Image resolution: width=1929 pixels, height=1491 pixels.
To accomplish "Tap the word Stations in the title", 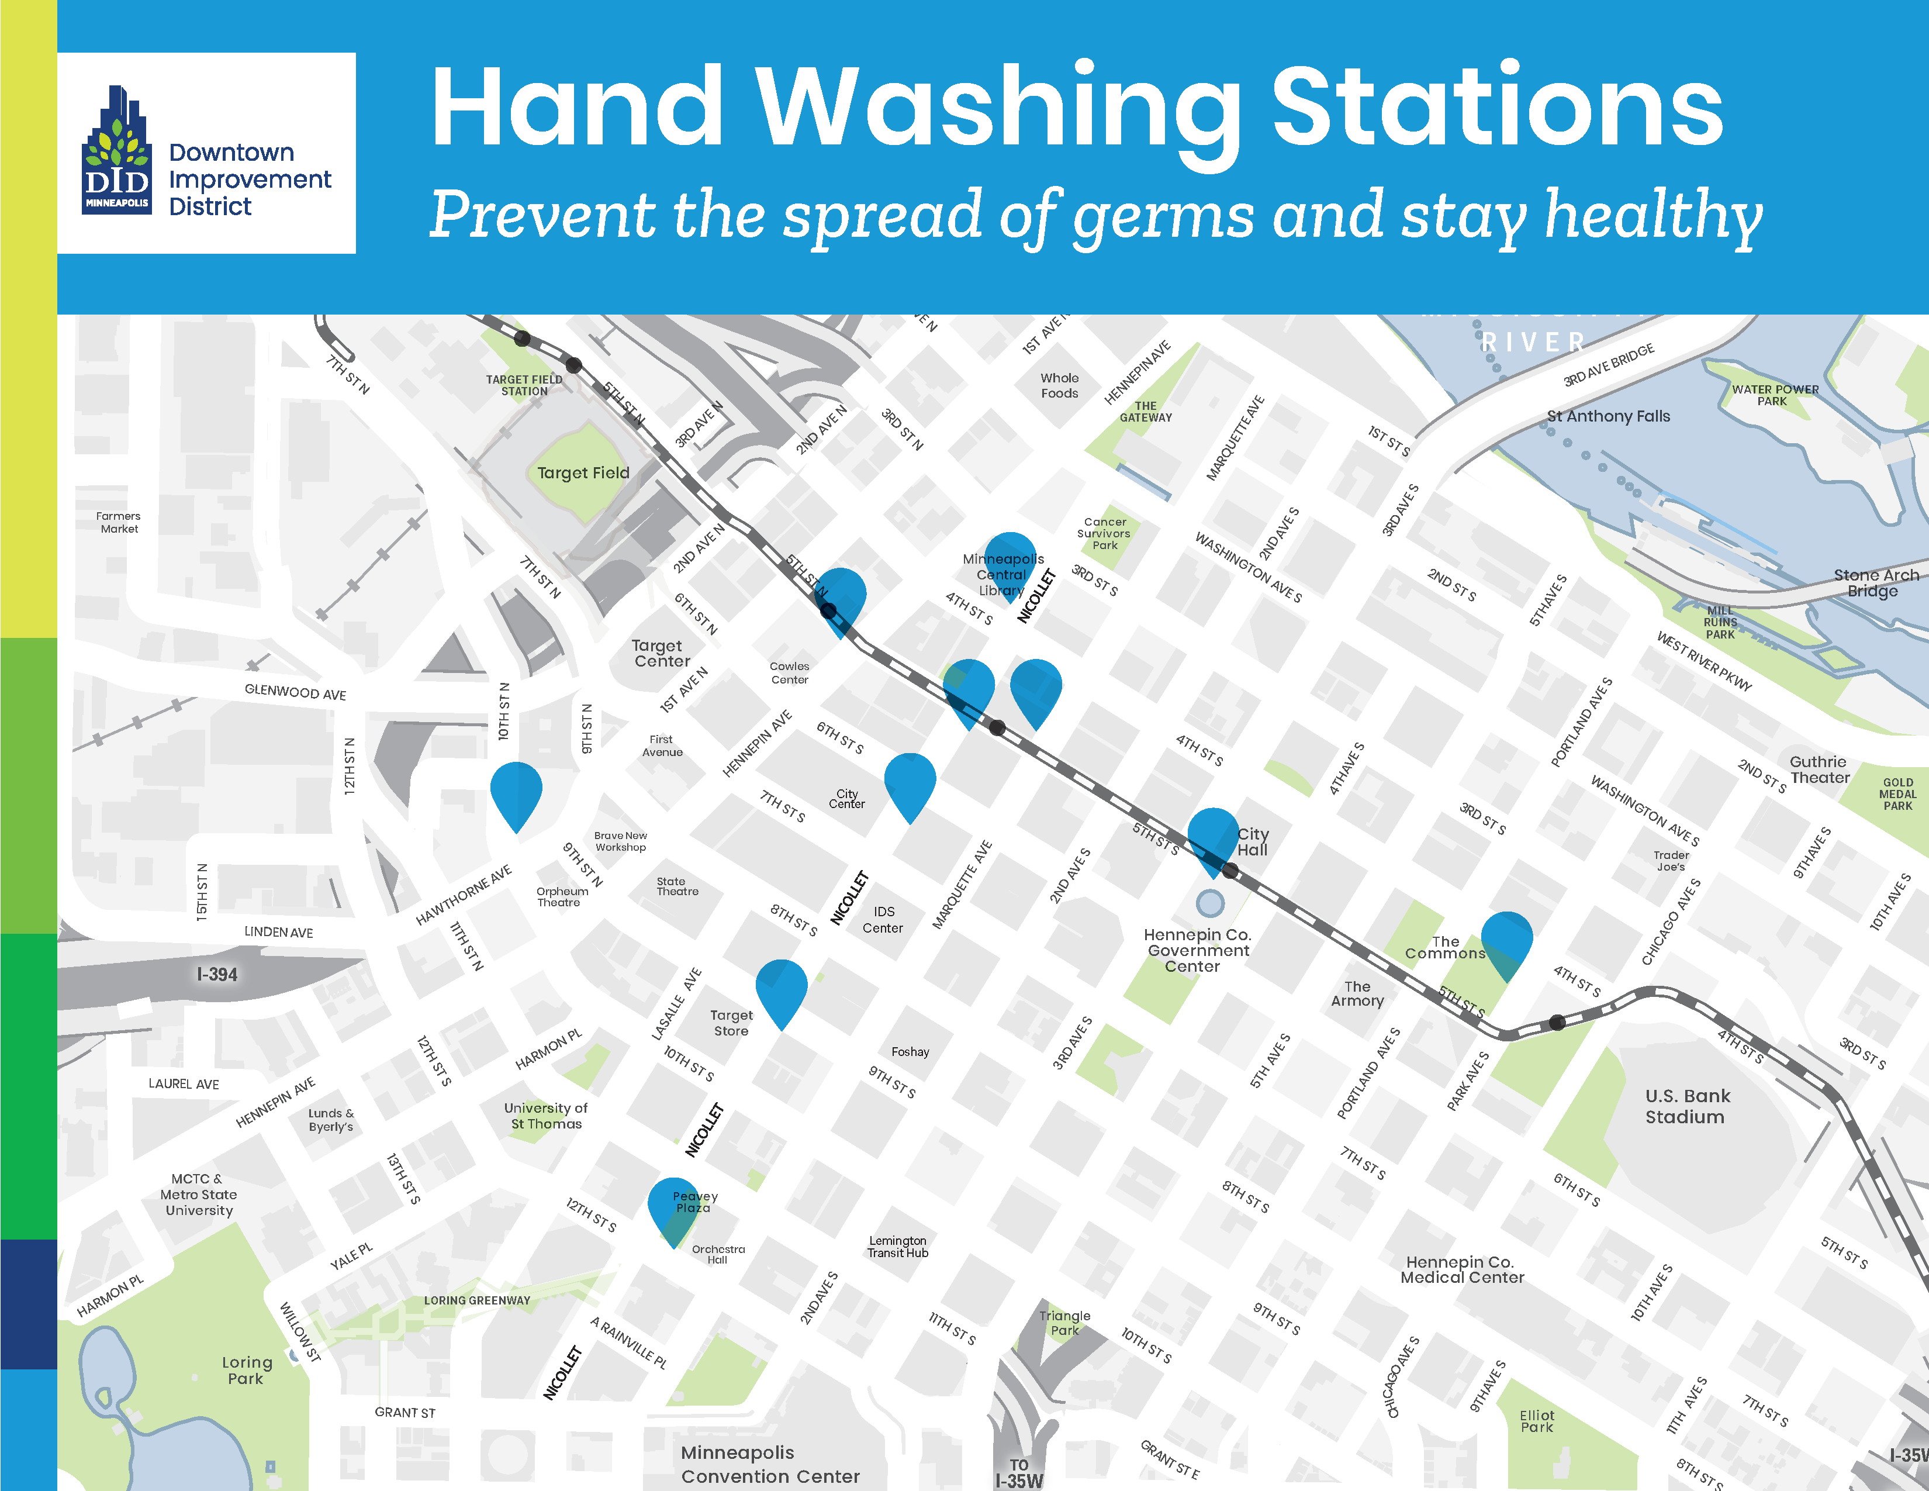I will pos(1496,106).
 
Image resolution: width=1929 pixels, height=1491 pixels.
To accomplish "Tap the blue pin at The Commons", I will pos(1506,941).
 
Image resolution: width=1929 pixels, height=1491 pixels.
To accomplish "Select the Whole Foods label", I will pos(1059,385).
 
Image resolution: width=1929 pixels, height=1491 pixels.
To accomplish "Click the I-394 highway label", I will pos(217,974).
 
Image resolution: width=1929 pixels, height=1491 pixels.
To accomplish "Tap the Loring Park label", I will pos(247,1370).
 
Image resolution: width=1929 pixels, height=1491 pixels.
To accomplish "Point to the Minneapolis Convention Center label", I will pos(769,1464).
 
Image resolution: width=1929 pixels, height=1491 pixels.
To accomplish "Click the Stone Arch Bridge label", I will pos(1875,583).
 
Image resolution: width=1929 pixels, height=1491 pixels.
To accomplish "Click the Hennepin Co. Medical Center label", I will pos(1462,1269).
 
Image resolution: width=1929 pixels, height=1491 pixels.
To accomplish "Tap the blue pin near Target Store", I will pos(781,990).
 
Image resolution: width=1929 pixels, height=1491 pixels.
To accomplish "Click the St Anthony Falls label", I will pos(1609,416).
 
